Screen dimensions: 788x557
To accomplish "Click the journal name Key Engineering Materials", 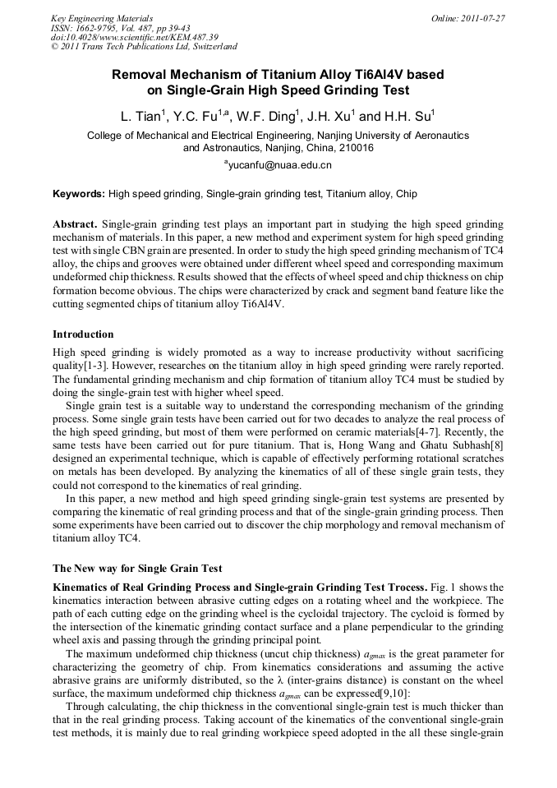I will tap(102, 18).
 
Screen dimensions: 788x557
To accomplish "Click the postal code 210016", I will tap(355, 149).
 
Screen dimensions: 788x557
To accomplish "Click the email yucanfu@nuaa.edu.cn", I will tap(278, 166).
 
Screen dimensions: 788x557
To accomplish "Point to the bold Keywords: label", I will tap(78, 195).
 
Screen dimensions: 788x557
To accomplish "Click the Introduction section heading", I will tap(83, 334).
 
